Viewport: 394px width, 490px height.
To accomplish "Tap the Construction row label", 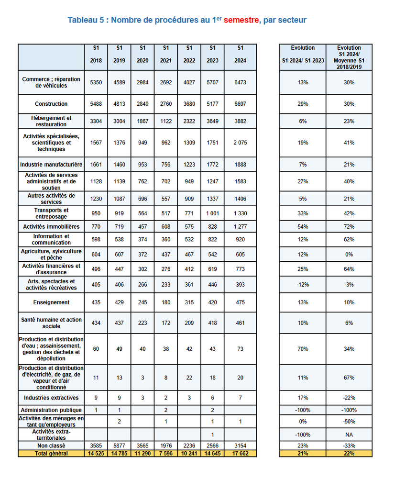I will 51,104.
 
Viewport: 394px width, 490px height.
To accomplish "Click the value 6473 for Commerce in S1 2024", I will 241,82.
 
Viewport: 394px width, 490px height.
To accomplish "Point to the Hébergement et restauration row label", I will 51,121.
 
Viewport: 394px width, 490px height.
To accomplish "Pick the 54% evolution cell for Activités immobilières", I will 303,226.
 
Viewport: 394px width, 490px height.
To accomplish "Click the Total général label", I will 51,453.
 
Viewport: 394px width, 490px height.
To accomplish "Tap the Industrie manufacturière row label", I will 51,165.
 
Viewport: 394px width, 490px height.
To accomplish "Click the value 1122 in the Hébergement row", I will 166,121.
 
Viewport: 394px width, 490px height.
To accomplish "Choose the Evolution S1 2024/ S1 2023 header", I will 303,54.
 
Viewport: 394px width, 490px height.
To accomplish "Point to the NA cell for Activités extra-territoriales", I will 349,435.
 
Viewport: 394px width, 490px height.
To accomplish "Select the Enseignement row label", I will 51,302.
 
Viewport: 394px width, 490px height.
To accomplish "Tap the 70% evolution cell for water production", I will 303,349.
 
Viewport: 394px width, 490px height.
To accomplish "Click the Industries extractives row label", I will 51,398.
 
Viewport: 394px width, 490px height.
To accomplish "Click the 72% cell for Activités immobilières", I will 349,226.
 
